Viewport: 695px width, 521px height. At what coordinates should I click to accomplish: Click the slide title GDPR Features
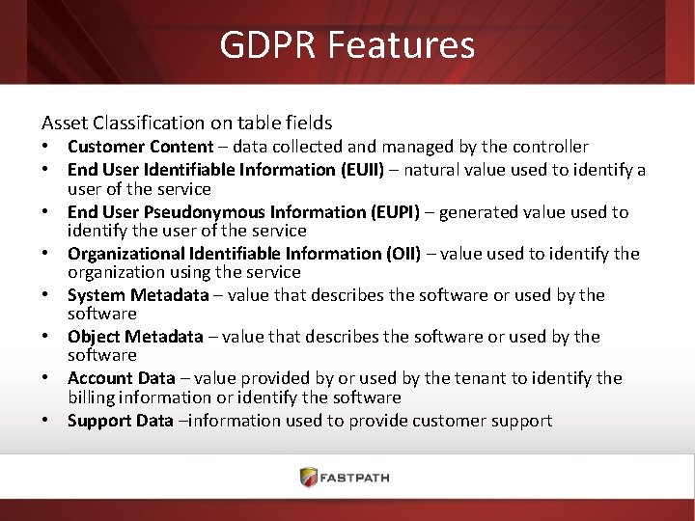pyautogui.click(x=347, y=44)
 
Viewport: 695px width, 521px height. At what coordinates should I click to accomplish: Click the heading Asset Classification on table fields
pyautogui.click(x=186, y=123)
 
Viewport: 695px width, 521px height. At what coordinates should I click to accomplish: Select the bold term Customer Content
pyautogui.click(x=140, y=147)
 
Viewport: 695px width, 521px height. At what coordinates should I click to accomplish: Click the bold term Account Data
pyautogui.click(x=122, y=378)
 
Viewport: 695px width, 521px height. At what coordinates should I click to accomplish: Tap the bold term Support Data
pyautogui.click(x=121, y=421)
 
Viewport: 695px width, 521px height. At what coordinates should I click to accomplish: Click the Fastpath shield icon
pyautogui.click(x=309, y=477)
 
